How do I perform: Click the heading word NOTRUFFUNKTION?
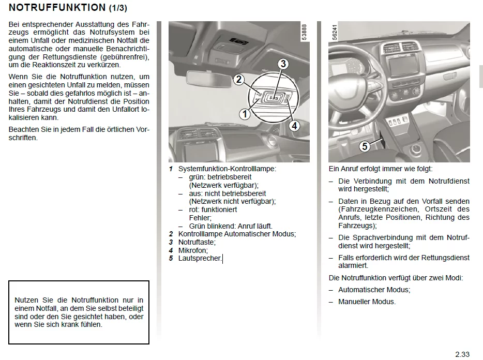[57, 8]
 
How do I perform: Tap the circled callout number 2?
[238, 79]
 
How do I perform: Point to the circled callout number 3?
[282, 64]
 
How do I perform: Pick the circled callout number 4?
[294, 125]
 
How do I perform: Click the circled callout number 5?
[365, 146]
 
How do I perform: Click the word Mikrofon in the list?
[192, 250]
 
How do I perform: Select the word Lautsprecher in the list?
[200, 258]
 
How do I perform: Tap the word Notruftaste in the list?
[197, 242]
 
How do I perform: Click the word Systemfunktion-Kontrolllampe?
[227, 169]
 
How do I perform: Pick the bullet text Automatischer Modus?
[374, 290]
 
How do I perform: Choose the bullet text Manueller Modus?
[367, 302]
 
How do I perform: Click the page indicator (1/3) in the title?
[118, 8]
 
